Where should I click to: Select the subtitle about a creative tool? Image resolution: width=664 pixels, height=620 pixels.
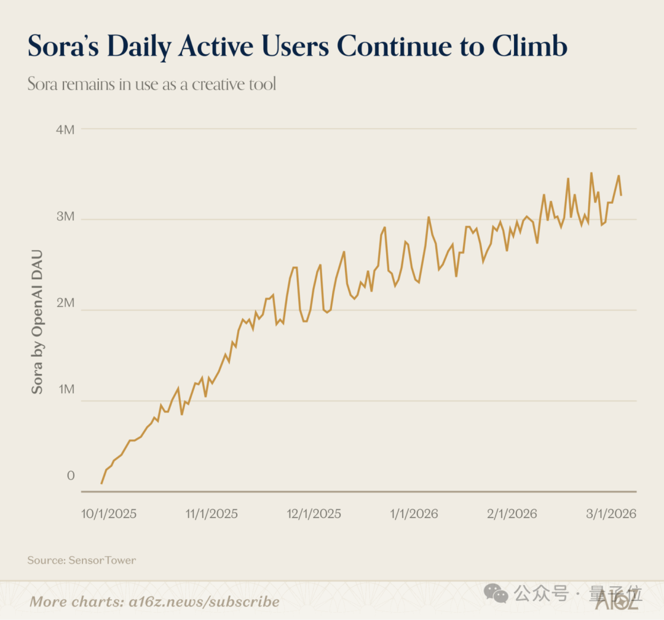[152, 84]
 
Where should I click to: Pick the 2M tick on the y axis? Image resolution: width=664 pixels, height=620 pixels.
[65, 303]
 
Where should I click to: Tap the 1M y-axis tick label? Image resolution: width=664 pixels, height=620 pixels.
[65, 390]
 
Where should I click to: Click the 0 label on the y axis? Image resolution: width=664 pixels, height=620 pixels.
[70, 475]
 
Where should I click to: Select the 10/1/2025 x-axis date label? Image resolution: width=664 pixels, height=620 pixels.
[109, 514]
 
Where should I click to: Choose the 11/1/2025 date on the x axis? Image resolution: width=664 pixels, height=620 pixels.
[211, 514]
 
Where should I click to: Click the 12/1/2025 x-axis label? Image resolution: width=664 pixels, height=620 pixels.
[314, 514]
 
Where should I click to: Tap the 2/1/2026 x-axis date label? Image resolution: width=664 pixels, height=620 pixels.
[512, 514]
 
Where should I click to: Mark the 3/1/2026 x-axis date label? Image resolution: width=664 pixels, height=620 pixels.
[610, 514]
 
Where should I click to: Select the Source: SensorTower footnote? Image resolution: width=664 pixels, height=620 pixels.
[82, 560]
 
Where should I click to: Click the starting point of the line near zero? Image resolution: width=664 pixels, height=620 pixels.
[101, 483]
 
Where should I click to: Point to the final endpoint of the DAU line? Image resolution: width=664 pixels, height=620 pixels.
[621, 195]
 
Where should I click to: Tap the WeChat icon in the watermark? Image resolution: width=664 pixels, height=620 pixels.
[496, 594]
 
